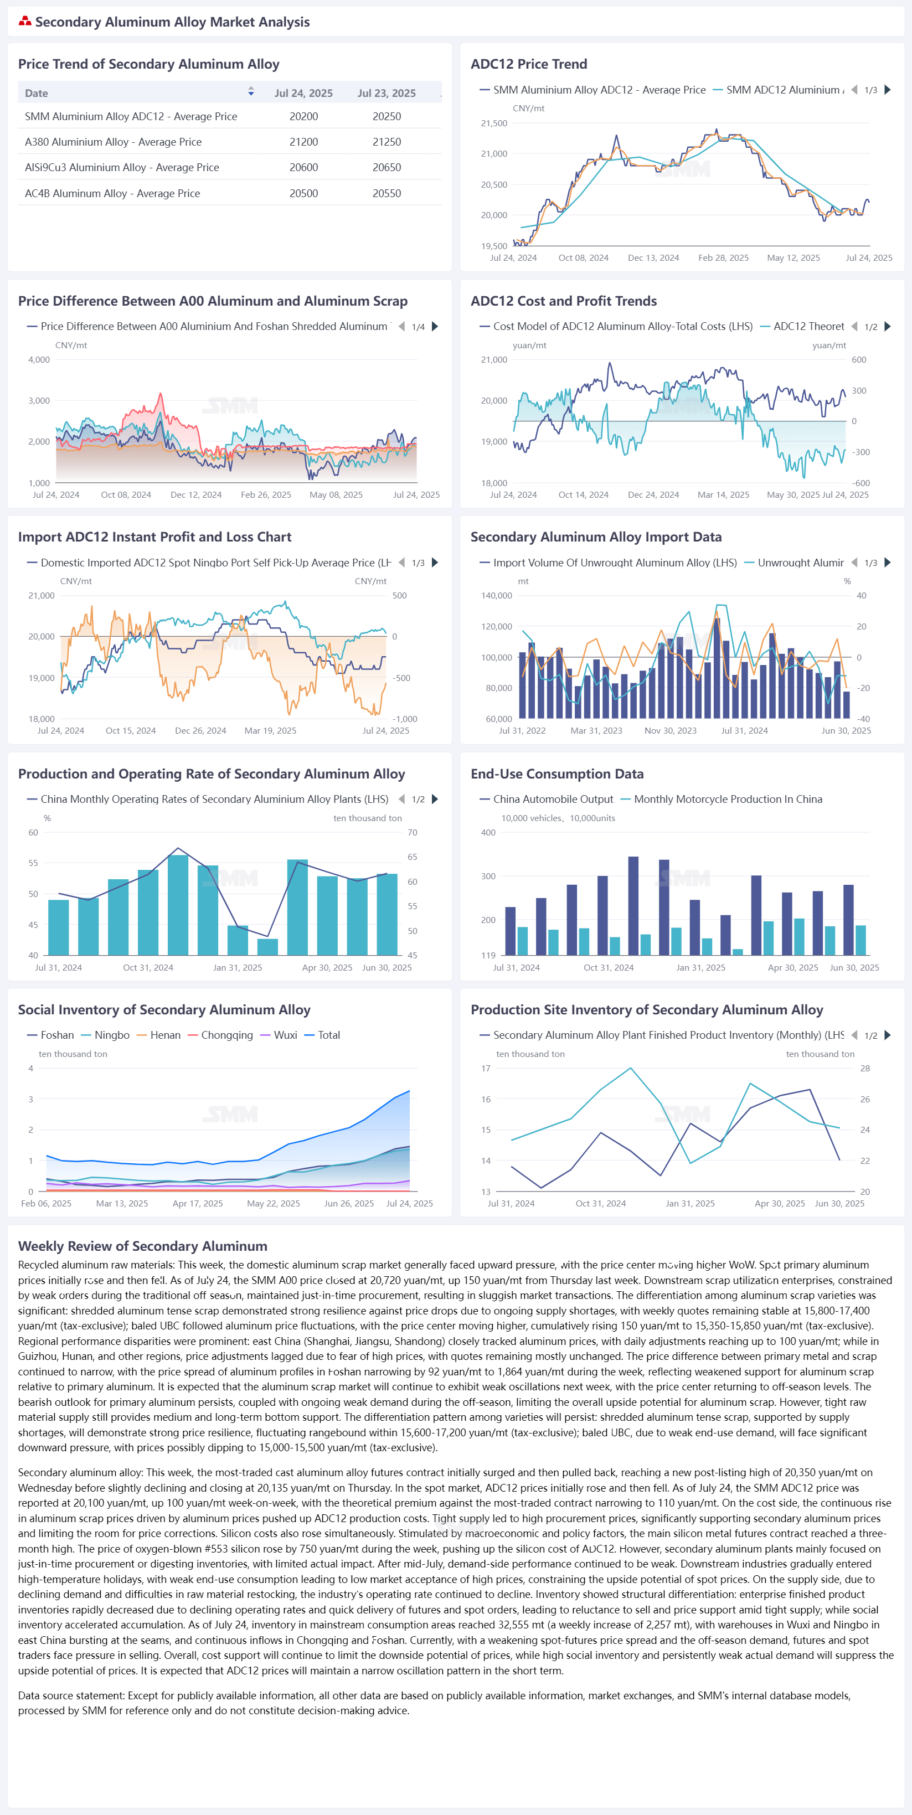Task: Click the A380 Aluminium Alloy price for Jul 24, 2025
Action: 304,142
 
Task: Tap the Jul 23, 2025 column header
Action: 386,93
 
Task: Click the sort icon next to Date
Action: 251,91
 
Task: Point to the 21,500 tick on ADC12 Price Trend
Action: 493,123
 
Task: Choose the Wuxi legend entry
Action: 279,1035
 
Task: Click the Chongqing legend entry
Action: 220,1035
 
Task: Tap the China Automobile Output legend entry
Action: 546,799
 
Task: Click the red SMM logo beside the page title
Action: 25,21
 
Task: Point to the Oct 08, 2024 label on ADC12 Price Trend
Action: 584,258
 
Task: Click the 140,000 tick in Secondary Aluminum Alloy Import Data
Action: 496,595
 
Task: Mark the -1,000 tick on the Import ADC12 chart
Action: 405,719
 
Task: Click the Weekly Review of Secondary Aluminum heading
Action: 142,1246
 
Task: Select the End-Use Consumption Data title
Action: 557,774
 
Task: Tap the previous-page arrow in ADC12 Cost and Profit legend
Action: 854,326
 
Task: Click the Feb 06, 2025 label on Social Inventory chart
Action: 46,1203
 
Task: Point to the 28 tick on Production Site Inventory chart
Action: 865,1068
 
